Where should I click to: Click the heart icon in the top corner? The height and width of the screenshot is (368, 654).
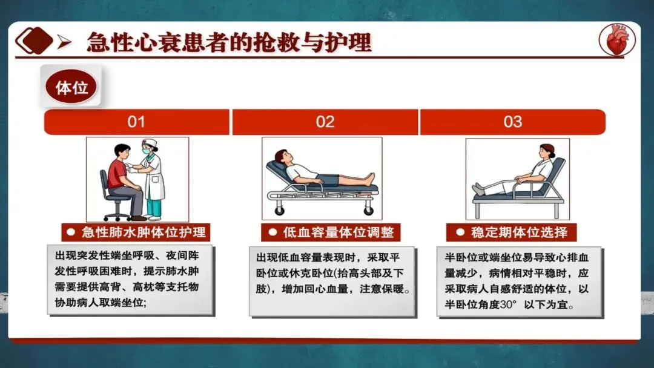tap(617, 39)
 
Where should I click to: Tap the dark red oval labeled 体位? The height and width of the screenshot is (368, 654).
tap(71, 87)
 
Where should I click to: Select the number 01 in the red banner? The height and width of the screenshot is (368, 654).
tap(136, 122)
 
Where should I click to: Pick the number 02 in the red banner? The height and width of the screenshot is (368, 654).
tap(325, 122)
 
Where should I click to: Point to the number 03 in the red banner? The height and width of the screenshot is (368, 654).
tap(513, 122)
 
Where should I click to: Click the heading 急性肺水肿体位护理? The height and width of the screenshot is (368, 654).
tap(144, 232)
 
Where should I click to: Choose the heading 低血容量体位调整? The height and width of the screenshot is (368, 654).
tap(339, 232)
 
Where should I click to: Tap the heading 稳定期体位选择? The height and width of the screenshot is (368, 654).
tap(520, 232)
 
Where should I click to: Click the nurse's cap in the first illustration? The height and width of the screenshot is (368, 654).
tap(149, 143)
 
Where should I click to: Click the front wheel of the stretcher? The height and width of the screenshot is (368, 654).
tap(279, 211)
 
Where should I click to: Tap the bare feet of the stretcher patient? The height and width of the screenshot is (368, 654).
tap(369, 179)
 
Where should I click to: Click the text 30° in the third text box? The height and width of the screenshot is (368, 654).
tap(508, 304)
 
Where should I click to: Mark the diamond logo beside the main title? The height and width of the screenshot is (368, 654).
tap(34, 41)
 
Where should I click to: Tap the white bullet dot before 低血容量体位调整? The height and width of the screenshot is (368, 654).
tap(272, 232)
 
